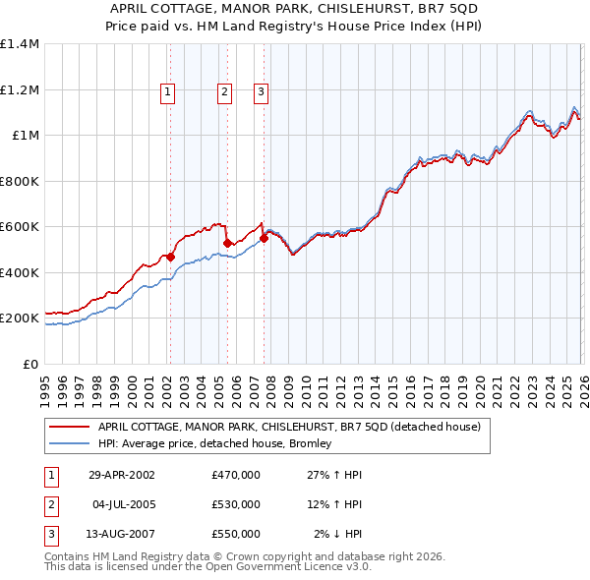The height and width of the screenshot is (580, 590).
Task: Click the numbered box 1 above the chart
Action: pyautogui.click(x=168, y=92)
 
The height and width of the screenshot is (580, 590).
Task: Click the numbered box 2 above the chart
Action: pyautogui.click(x=224, y=92)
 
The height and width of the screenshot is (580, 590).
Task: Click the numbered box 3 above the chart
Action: pyautogui.click(x=261, y=92)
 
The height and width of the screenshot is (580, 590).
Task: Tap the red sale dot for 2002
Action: pyautogui.click(x=170, y=258)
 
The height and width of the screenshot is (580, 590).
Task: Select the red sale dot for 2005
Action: pyautogui.click(x=226, y=244)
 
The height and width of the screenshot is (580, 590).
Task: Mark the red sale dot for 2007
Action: pyautogui.click(x=264, y=239)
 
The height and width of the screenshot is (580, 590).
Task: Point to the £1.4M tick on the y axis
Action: pyautogui.click(x=20, y=44)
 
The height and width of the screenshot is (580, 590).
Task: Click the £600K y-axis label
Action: pyautogui.click(x=20, y=227)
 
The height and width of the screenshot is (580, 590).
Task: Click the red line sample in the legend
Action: pyautogui.click(x=69, y=427)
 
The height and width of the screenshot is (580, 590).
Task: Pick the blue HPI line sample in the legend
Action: pyautogui.click(x=69, y=444)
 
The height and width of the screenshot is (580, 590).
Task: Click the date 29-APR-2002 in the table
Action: pyautogui.click(x=122, y=474)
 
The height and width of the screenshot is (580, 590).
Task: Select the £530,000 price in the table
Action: pyautogui.click(x=235, y=504)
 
